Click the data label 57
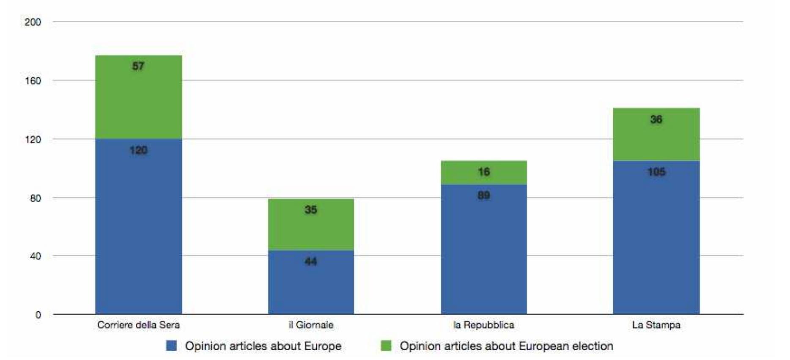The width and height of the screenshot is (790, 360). coord(138,66)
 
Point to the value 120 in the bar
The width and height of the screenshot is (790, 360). coord(138,150)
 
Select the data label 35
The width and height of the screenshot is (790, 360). coord(311,210)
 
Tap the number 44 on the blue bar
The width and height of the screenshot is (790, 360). coord(311,261)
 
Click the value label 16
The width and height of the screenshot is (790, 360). coord(484,172)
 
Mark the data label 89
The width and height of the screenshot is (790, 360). coord(484,195)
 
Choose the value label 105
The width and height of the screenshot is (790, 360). coord(656,172)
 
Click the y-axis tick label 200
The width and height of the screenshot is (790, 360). coord(33,22)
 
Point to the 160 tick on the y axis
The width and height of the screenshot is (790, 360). coord(33,81)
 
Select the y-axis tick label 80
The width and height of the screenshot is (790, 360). coord(36,198)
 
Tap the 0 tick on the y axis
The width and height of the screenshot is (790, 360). coord(38,315)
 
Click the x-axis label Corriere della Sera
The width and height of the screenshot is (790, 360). coord(138,325)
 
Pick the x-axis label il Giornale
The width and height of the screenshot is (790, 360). coord(311,325)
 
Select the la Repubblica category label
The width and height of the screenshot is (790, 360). coord(484,325)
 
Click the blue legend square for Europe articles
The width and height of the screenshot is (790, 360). coord(171,346)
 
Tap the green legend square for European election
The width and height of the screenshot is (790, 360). coord(386,346)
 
